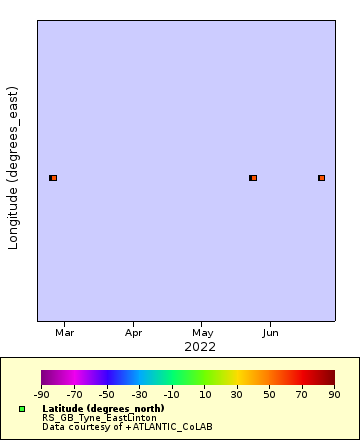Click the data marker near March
[x=53, y=178]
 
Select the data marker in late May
[x=253, y=178]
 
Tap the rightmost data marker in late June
[x=321, y=178]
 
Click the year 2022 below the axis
[x=200, y=346]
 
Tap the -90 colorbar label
[x=41, y=395]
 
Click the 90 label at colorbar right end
[x=335, y=395]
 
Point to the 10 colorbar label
[x=204, y=395]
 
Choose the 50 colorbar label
[x=270, y=395]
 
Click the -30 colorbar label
[x=139, y=395]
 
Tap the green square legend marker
[x=22, y=409]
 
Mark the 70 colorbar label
[x=302, y=395]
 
